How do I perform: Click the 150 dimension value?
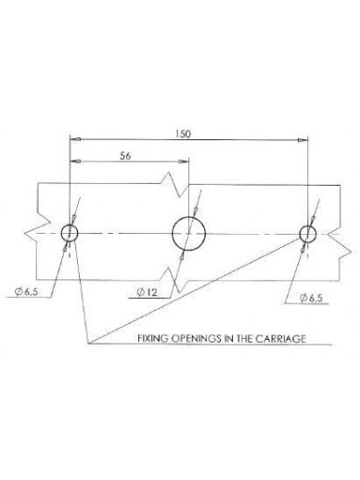[x=184, y=134]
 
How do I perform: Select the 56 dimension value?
[x=125, y=156]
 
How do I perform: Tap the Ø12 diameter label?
[x=147, y=292]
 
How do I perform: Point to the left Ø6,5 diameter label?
[x=27, y=292]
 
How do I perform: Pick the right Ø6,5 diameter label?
[x=312, y=298]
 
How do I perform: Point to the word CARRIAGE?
[x=280, y=338]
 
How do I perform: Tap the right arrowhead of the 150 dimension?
[x=303, y=140]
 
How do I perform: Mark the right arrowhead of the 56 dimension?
[x=184, y=162]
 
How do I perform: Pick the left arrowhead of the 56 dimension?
[x=75, y=162]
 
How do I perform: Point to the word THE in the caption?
[x=244, y=338]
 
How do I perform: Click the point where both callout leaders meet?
[x=89, y=344]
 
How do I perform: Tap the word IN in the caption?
[x=229, y=338]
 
